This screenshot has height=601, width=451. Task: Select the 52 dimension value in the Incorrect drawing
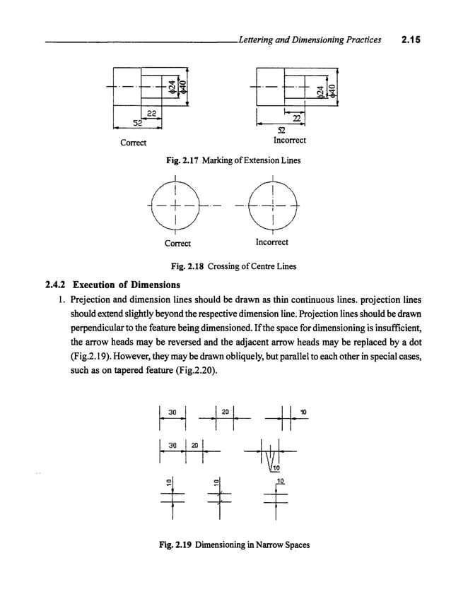click(x=281, y=131)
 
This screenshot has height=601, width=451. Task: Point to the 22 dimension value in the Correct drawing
click(x=151, y=114)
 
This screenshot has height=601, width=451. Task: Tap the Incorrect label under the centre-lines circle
click(x=271, y=243)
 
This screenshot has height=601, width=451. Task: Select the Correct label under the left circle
click(x=177, y=243)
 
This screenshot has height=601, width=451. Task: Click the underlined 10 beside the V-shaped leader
click(x=280, y=480)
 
